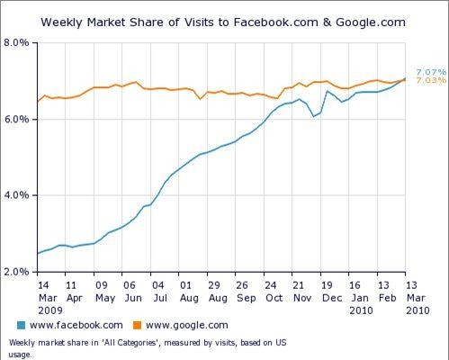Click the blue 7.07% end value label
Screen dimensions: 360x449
[428, 71]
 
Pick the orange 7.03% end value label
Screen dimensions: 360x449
[428, 81]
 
